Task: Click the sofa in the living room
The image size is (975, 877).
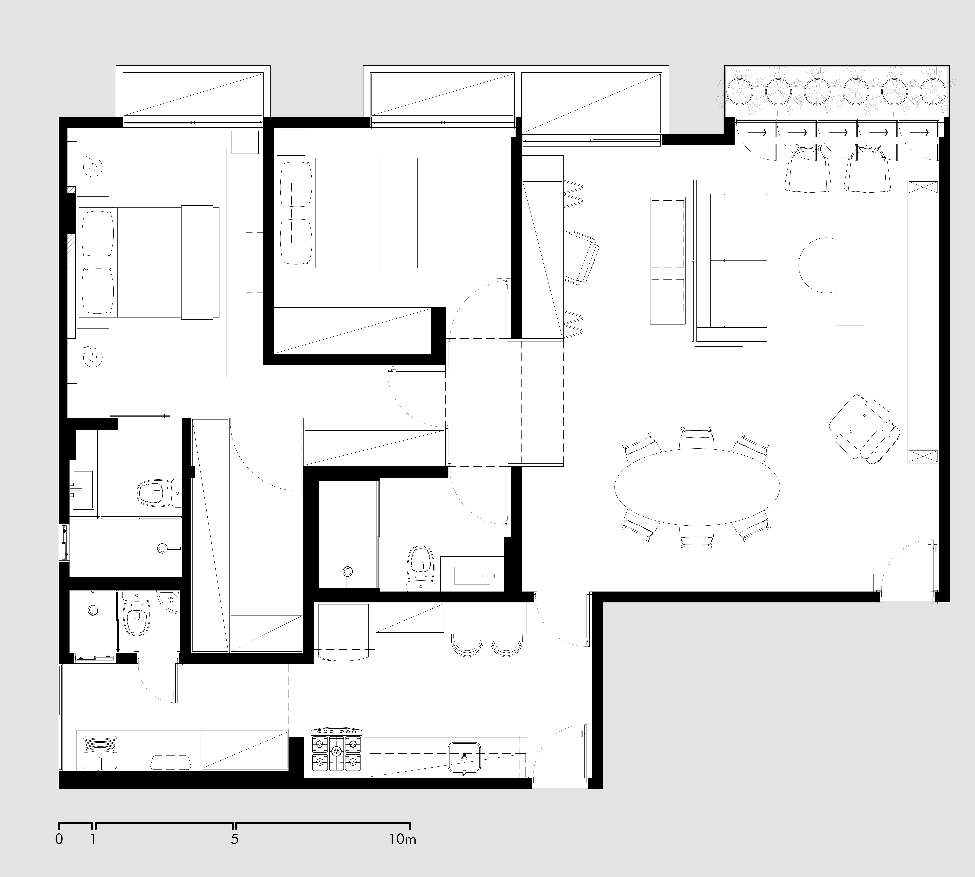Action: [730, 260]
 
